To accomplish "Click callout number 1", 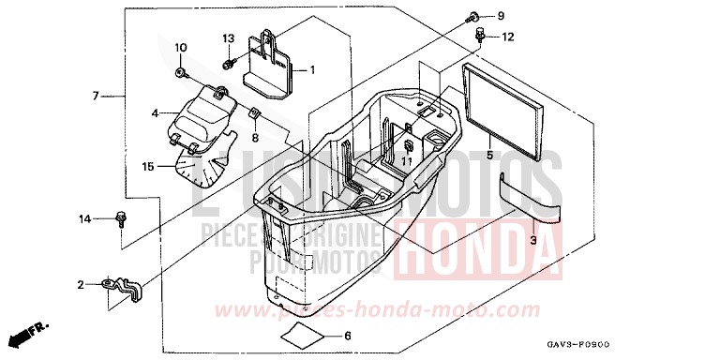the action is (x=312, y=69).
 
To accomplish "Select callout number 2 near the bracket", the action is (x=81, y=284).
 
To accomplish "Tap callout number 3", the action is (x=533, y=241).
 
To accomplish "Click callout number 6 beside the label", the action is (x=347, y=337).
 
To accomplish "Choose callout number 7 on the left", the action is (x=96, y=96).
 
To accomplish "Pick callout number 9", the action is (x=500, y=16).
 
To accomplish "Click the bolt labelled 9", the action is (x=473, y=17).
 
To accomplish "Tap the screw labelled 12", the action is (x=482, y=36).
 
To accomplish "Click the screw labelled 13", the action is (x=229, y=64).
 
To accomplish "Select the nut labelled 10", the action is (x=181, y=71).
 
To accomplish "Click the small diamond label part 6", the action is (x=303, y=335).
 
